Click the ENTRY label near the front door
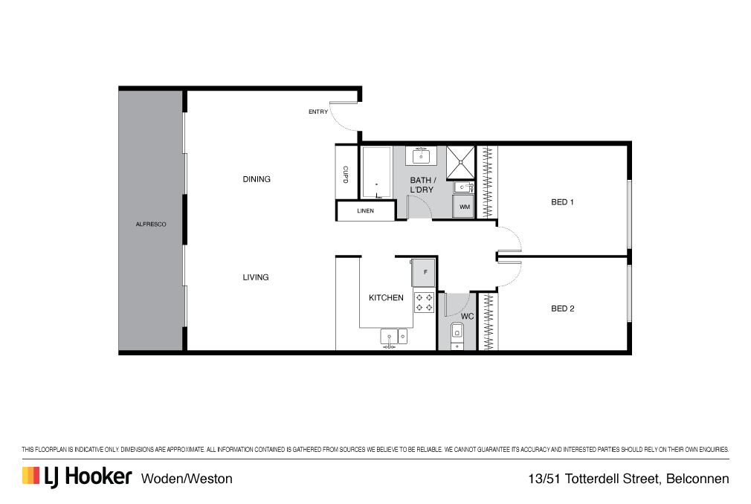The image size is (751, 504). (318, 112)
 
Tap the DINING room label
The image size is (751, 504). (257, 179)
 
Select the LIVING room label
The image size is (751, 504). (256, 277)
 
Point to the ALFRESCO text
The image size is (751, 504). (151, 224)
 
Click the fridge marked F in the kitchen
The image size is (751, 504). (425, 273)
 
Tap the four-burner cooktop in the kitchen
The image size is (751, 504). (425, 302)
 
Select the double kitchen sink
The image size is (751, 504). (394, 337)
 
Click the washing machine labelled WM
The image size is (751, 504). (464, 207)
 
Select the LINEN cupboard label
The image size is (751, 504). (365, 211)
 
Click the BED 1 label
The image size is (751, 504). (562, 202)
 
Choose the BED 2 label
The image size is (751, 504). (562, 308)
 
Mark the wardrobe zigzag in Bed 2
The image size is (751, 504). (488, 321)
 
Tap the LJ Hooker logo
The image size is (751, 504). (77, 476)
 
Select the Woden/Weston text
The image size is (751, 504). (187, 479)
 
